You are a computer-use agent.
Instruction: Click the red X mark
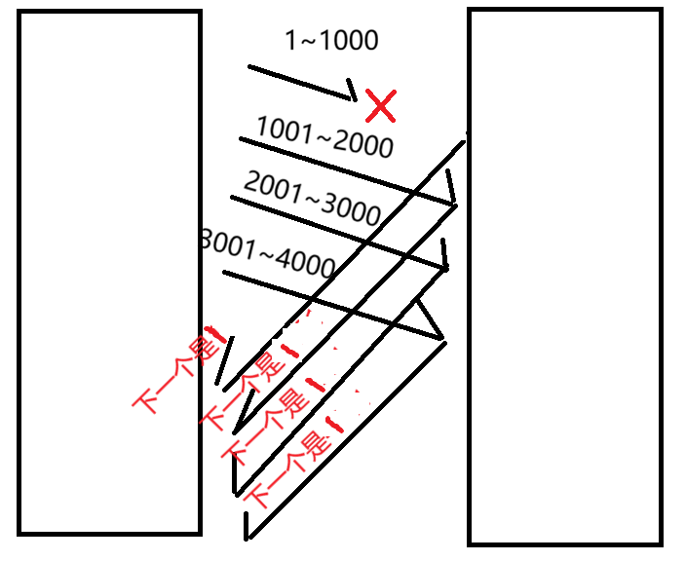click(x=380, y=105)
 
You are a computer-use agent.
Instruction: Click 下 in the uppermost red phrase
click(x=145, y=399)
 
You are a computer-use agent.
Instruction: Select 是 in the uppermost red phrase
click(x=204, y=348)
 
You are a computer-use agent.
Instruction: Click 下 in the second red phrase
click(x=213, y=418)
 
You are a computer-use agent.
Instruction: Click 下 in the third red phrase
click(x=234, y=452)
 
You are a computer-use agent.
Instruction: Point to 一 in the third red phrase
click(x=253, y=435)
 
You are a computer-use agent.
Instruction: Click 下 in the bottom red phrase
click(x=257, y=496)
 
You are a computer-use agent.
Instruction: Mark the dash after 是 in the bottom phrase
click(x=335, y=426)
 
